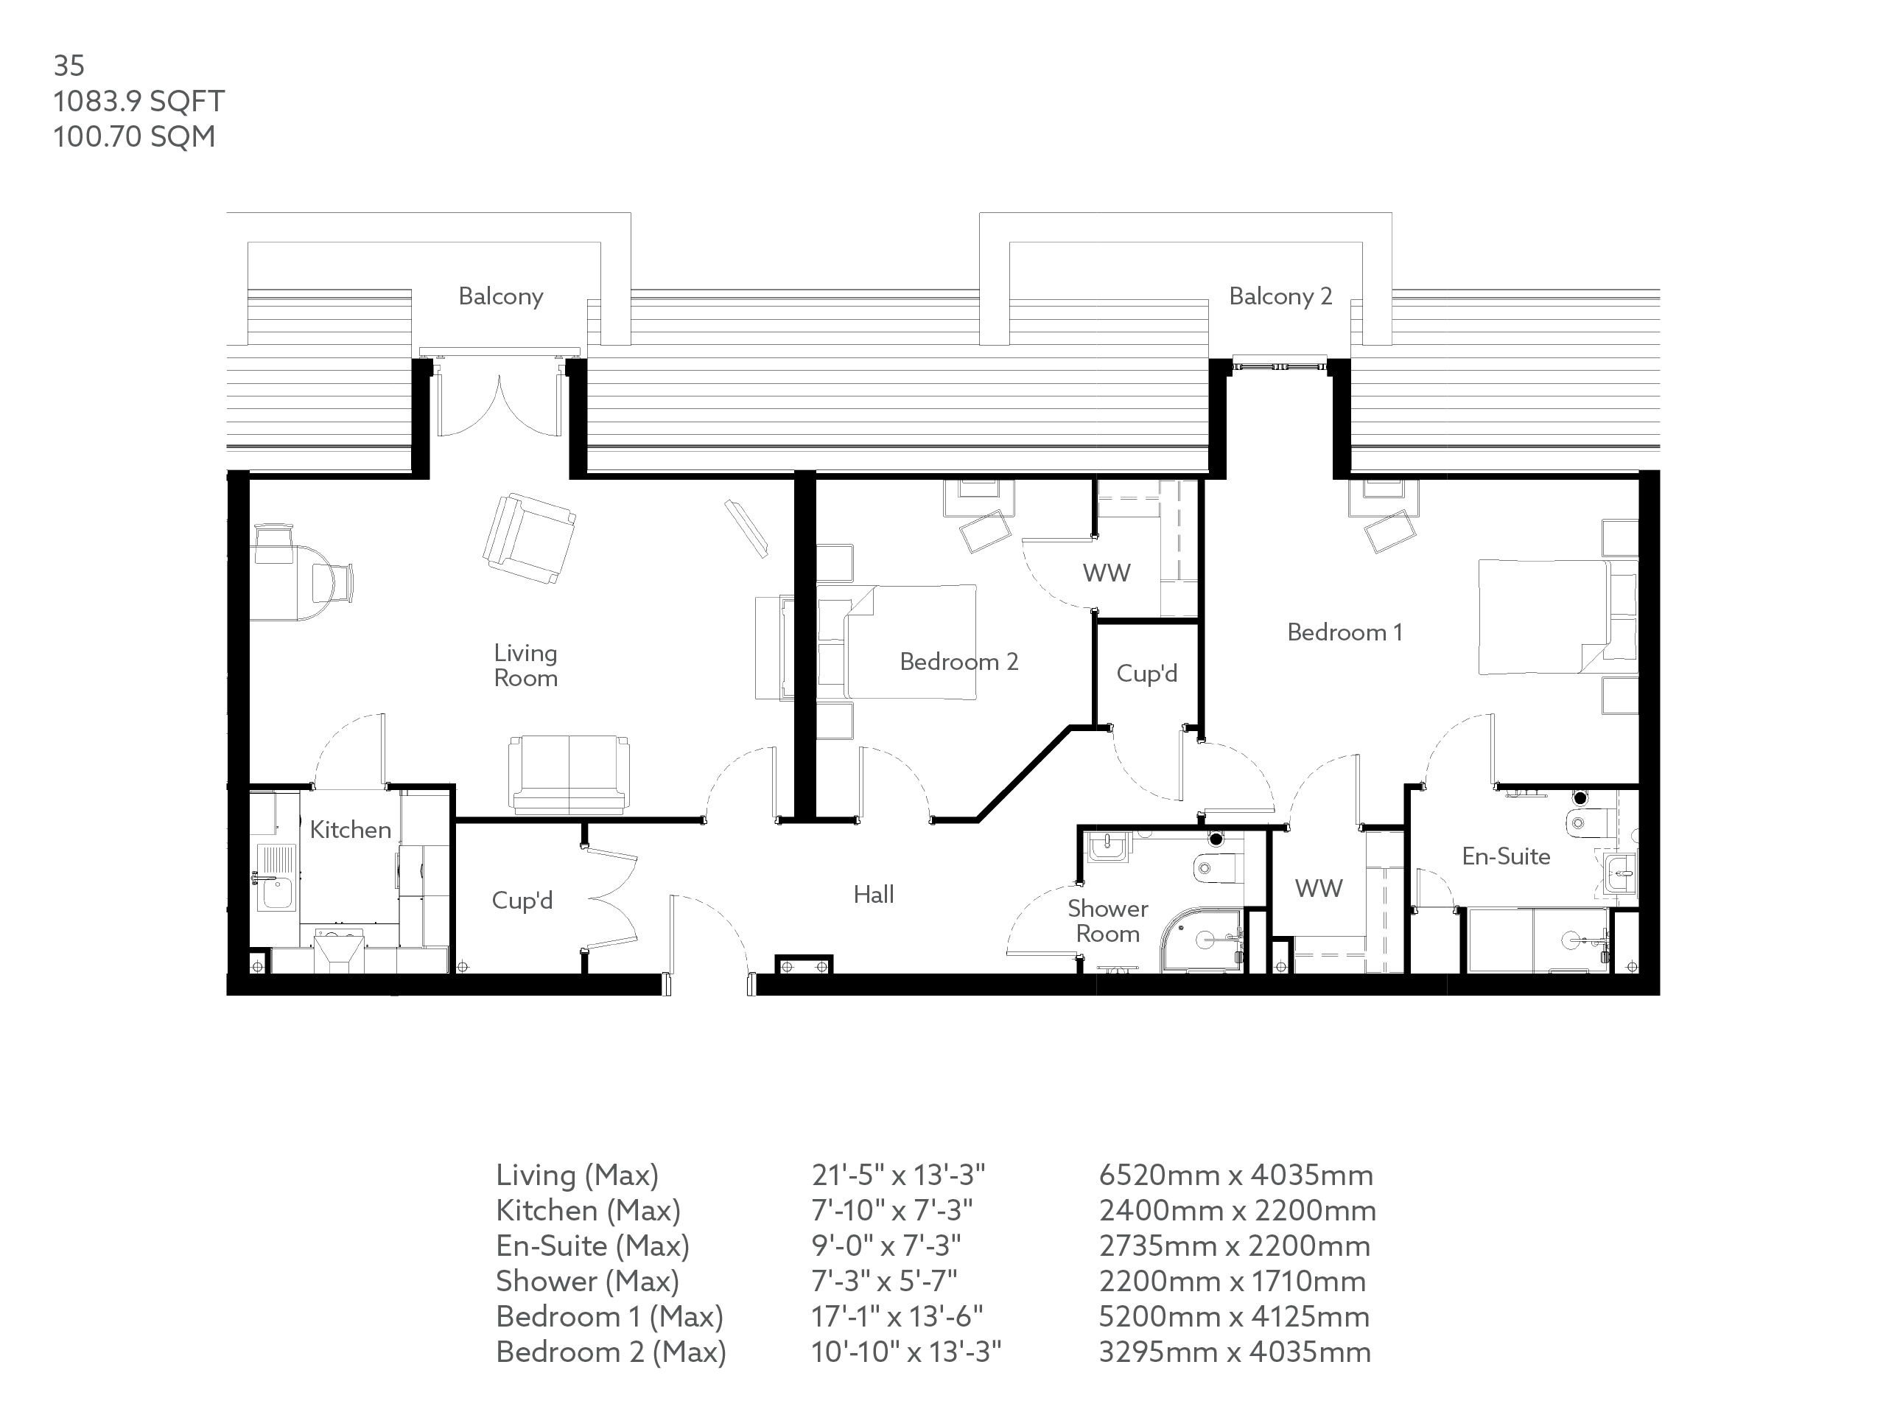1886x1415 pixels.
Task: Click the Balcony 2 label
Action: [1280, 296]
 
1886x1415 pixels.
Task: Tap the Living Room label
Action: [525, 665]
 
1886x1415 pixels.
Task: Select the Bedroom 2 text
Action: [958, 662]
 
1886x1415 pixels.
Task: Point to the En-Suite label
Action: [1506, 856]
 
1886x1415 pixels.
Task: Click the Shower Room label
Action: [1107, 921]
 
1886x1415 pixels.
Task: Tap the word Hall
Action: [873, 895]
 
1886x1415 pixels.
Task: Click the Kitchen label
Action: [350, 830]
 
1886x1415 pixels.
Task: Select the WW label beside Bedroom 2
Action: [1107, 573]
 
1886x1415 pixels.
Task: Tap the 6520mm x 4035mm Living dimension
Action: [1235, 1175]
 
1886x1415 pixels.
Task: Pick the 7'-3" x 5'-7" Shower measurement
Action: [884, 1281]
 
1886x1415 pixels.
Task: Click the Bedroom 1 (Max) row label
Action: [609, 1317]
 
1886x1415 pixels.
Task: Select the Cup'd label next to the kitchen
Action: [522, 901]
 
